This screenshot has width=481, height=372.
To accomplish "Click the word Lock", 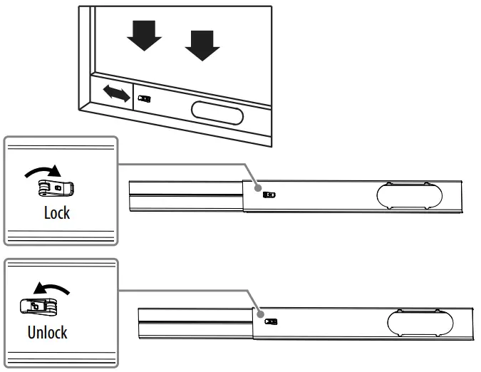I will pyautogui.click(x=57, y=213).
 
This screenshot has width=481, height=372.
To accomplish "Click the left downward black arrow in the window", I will pyautogui.click(x=145, y=33).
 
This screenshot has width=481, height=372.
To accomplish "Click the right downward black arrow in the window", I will pyautogui.click(x=202, y=43).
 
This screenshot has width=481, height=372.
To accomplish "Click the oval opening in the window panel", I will pyautogui.click(x=217, y=113).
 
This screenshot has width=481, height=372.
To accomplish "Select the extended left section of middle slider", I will pyautogui.click(x=185, y=196).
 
